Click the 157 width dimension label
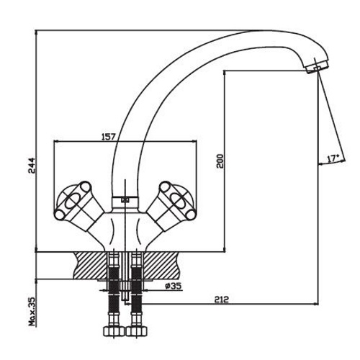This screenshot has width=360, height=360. point(109,137)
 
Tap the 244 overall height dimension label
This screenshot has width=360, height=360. point(32,166)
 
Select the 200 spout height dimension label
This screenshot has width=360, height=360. point(220,161)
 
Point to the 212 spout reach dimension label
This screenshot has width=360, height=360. point(222,300)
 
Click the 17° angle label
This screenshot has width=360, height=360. point(333,158)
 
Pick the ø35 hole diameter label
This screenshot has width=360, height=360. point(174,286)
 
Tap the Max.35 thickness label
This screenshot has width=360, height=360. point(32,311)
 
